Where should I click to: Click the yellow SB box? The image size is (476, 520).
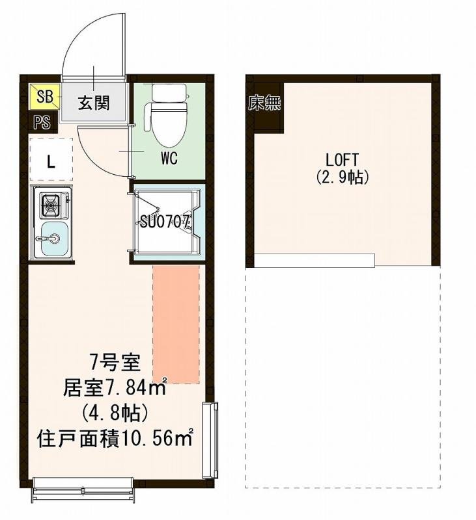coord(44,98)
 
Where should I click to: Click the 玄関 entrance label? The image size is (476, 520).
coord(94,103)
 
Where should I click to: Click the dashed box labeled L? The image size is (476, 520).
coord(50,159)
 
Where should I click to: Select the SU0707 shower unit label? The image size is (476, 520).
coord(165,221)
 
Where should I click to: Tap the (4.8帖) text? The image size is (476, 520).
coord(114,413)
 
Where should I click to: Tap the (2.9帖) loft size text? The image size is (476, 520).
coord(342,176)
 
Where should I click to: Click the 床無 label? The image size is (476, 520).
coord(264,103)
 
